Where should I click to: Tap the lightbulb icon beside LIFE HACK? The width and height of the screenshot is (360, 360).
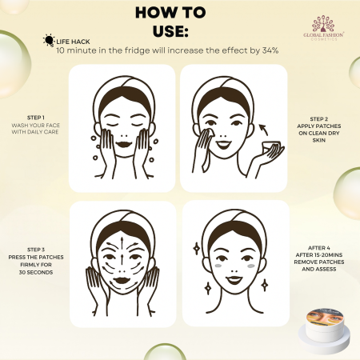point(50,39)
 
